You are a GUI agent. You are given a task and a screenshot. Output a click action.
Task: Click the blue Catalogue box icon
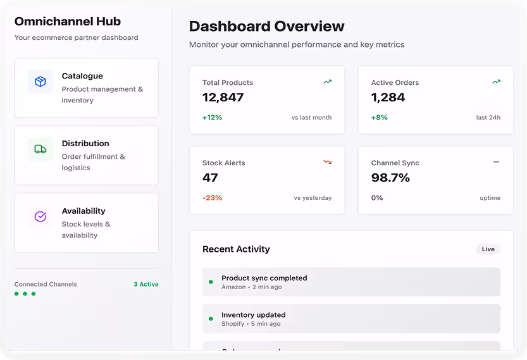click(x=40, y=82)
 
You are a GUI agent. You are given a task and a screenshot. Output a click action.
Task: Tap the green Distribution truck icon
click(x=40, y=149)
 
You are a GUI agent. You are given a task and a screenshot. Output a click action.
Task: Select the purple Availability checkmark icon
click(x=40, y=217)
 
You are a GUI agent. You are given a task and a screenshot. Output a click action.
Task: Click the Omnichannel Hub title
click(x=67, y=22)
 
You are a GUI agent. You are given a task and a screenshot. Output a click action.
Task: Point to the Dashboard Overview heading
click(x=266, y=27)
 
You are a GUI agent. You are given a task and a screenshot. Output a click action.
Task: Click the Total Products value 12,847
click(x=223, y=97)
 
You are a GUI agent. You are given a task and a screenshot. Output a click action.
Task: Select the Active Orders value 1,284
click(x=388, y=97)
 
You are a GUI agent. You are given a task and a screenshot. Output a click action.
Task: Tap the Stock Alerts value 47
click(x=210, y=178)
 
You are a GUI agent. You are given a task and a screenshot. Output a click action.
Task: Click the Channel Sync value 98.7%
click(x=390, y=178)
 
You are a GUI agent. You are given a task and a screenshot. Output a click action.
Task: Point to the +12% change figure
click(x=212, y=118)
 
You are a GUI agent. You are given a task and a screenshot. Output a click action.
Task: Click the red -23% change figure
click(x=212, y=198)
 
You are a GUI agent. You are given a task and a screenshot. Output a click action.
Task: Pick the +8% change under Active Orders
click(x=379, y=118)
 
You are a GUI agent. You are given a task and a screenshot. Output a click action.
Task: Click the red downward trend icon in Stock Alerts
click(x=328, y=162)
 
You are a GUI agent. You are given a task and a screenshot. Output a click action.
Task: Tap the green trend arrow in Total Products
click(x=328, y=82)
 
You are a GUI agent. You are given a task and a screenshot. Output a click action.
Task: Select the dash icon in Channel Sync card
click(x=496, y=162)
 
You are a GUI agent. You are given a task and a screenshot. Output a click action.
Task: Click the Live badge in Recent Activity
click(x=488, y=249)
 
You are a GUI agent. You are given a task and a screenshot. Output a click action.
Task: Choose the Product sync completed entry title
click(x=264, y=278)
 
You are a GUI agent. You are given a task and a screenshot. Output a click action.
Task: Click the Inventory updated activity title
click(x=253, y=315)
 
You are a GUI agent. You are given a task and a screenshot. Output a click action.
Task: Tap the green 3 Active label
click(x=146, y=285)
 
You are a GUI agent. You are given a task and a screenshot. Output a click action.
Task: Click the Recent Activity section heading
click(x=236, y=249)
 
